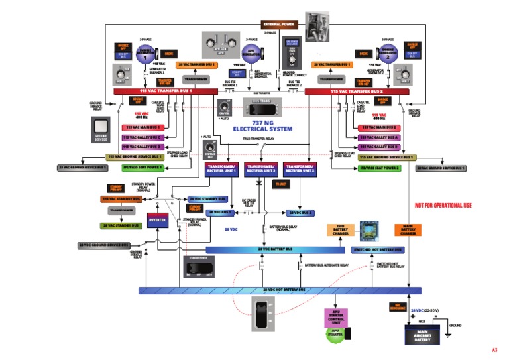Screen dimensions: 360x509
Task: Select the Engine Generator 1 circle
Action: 144,54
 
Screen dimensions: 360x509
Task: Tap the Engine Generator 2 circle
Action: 388,54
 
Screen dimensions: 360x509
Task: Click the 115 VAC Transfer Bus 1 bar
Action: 166,91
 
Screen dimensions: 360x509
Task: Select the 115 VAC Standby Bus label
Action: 121,199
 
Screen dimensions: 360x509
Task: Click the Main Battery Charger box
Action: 408,231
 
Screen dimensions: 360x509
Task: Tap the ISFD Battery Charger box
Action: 341,231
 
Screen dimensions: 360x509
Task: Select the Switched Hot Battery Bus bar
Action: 377,250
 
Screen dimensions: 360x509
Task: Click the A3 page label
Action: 494,349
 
